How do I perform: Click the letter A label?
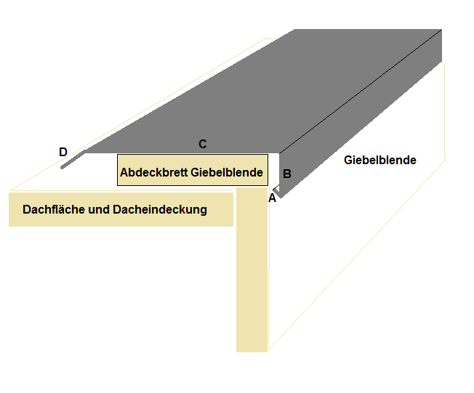[x=272, y=198]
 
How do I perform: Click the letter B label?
[x=287, y=174]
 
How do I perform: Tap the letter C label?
[x=203, y=144]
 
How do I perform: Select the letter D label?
[x=63, y=152]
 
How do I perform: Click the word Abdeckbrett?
[x=154, y=172]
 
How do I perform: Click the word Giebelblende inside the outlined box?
[x=227, y=172]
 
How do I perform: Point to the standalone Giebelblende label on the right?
[x=380, y=160]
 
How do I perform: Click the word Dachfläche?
[x=54, y=209]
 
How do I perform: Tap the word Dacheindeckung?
[x=160, y=210]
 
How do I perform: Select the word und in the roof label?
[x=99, y=210]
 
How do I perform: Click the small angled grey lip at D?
[x=73, y=159]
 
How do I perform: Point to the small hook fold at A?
[x=276, y=192]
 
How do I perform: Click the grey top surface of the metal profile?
[x=263, y=91]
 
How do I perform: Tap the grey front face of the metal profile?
[x=361, y=115]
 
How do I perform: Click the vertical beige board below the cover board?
[x=252, y=270]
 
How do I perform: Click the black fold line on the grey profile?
[x=361, y=92]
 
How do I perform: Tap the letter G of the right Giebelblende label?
[x=348, y=160]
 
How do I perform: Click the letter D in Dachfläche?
[x=26, y=209]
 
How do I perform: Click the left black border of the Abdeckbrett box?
[x=117, y=170]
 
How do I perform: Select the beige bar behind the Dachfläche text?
[x=121, y=210]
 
